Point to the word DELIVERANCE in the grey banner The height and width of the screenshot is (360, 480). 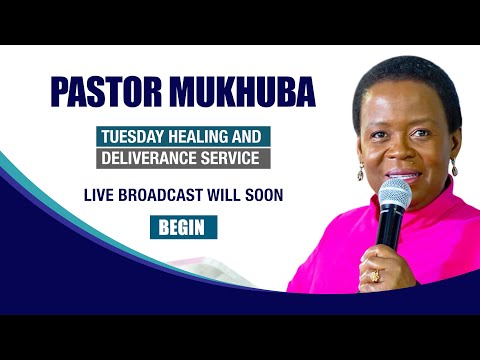(149, 158)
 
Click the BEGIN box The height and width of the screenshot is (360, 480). (182, 227)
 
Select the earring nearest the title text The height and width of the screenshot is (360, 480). (361, 172)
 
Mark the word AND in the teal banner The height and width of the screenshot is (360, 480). (247, 136)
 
